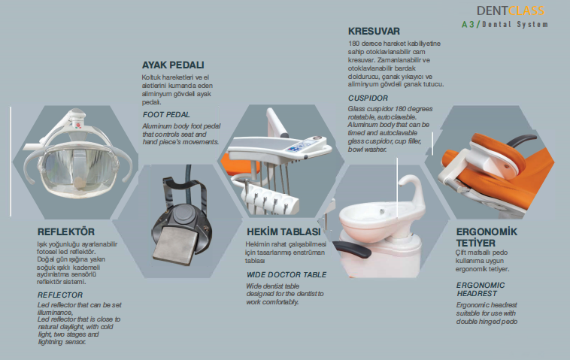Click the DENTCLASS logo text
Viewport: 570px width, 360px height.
(510, 11)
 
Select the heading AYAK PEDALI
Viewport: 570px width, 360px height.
(173, 65)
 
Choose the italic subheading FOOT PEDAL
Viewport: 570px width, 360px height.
(166, 113)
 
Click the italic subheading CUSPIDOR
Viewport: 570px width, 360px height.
(368, 98)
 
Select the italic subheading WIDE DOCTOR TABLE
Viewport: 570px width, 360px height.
(287, 274)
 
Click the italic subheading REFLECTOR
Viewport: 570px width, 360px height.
(60, 295)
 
